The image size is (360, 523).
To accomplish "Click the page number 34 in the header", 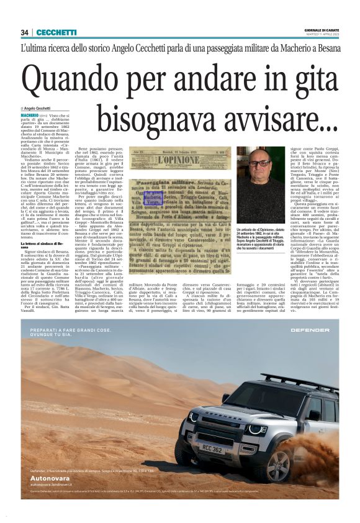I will coord(24,32).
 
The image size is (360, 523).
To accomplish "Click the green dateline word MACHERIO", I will coord(29,116).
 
